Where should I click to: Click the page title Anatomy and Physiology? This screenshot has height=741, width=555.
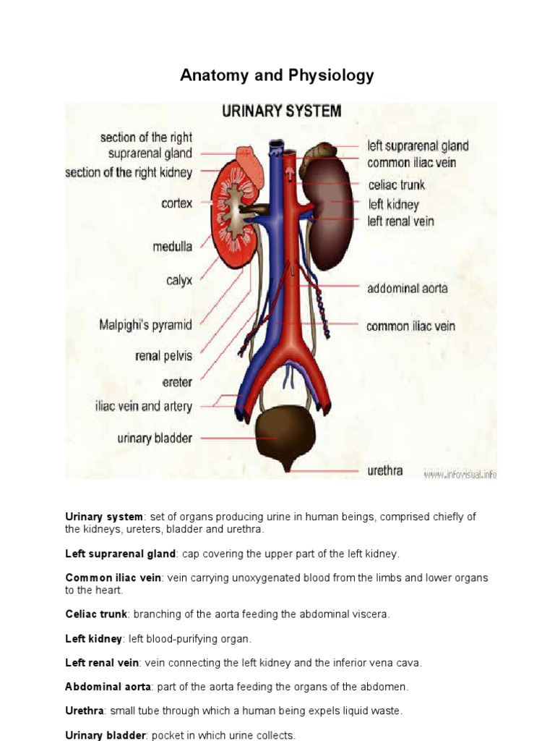click(277, 75)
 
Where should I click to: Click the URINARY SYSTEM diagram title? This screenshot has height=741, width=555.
click(281, 111)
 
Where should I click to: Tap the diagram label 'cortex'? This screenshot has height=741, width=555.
click(176, 204)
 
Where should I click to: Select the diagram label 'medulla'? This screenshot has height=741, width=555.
click(172, 247)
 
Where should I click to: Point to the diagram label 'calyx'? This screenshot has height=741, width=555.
click(179, 280)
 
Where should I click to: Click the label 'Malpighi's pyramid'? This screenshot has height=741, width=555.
click(145, 325)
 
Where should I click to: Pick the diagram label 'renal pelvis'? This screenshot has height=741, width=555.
click(163, 355)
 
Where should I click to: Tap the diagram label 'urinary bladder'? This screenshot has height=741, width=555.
click(155, 438)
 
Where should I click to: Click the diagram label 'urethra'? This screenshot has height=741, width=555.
click(384, 471)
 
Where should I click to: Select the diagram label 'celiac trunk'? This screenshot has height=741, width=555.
click(397, 185)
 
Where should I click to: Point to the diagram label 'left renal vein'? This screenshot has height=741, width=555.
click(401, 221)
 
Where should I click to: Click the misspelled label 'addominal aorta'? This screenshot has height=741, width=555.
click(407, 288)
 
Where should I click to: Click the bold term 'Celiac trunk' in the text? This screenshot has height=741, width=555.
click(96, 614)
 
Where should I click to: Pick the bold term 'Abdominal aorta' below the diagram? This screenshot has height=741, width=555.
click(108, 687)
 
